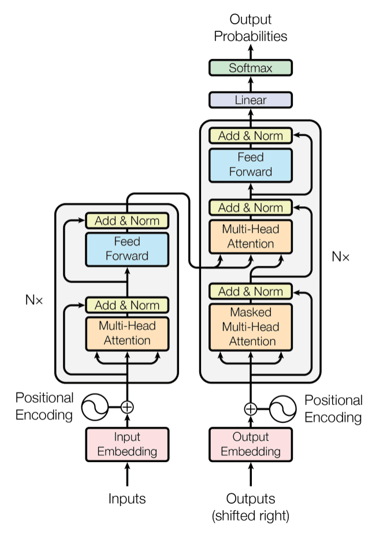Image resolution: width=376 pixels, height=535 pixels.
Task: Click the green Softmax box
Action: pyautogui.click(x=251, y=68)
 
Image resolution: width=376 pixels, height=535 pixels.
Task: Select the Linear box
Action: pyautogui.click(x=251, y=100)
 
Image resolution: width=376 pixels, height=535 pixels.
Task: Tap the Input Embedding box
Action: pyautogui.click(x=127, y=444)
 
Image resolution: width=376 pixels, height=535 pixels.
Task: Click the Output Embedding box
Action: pyautogui.click(x=251, y=444)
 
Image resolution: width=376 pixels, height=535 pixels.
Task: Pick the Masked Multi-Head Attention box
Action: pyautogui.click(x=251, y=326)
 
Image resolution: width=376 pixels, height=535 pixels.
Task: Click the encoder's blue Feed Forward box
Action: pyautogui.click(x=127, y=248)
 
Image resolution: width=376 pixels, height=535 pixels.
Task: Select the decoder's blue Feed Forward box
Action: pyautogui.click(x=251, y=164)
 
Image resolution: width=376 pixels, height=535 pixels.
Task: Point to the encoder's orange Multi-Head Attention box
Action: pyautogui.click(x=127, y=333)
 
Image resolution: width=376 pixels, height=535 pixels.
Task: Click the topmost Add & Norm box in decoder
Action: pyautogui.click(x=251, y=136)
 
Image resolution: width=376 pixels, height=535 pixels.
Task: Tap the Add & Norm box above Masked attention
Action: pyautogui.click(x=251, y=291)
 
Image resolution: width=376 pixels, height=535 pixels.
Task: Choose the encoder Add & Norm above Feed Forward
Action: pyautogui.click(x=127, y=221)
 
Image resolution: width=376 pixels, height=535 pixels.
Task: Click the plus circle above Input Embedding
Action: pyautogui.click(x=127, y=407)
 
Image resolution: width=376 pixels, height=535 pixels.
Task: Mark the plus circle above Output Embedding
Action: pyautogui.click(x=251, y=408)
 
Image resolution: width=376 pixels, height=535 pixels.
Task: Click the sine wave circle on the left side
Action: pyautogui.click(x=94, y=407)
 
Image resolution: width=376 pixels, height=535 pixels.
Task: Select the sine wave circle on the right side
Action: pyautogui.click(x=284, y=408)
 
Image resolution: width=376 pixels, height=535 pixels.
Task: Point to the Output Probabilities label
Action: pyautogui.click(x=251, y=28)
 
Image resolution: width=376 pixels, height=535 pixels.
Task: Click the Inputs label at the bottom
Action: pyautogui.click(x=127, y=498)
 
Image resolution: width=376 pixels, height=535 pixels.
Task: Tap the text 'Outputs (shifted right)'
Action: pyautogui.click(x=251, y=506)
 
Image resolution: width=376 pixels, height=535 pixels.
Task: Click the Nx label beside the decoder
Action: pyautogui.click(x=340, y=257)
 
